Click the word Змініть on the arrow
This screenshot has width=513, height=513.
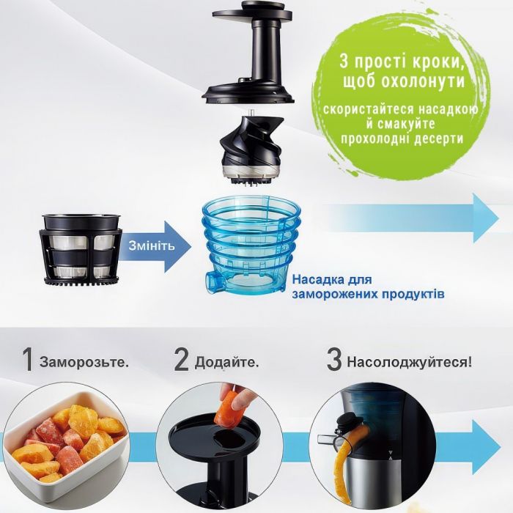point(152,245)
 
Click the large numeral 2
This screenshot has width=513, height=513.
point(182,361)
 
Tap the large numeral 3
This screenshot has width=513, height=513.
point(333,361)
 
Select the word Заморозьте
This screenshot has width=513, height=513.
point(85,362)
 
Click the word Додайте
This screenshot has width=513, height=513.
point(227,362)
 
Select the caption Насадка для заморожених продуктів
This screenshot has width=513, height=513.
point(369,287)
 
